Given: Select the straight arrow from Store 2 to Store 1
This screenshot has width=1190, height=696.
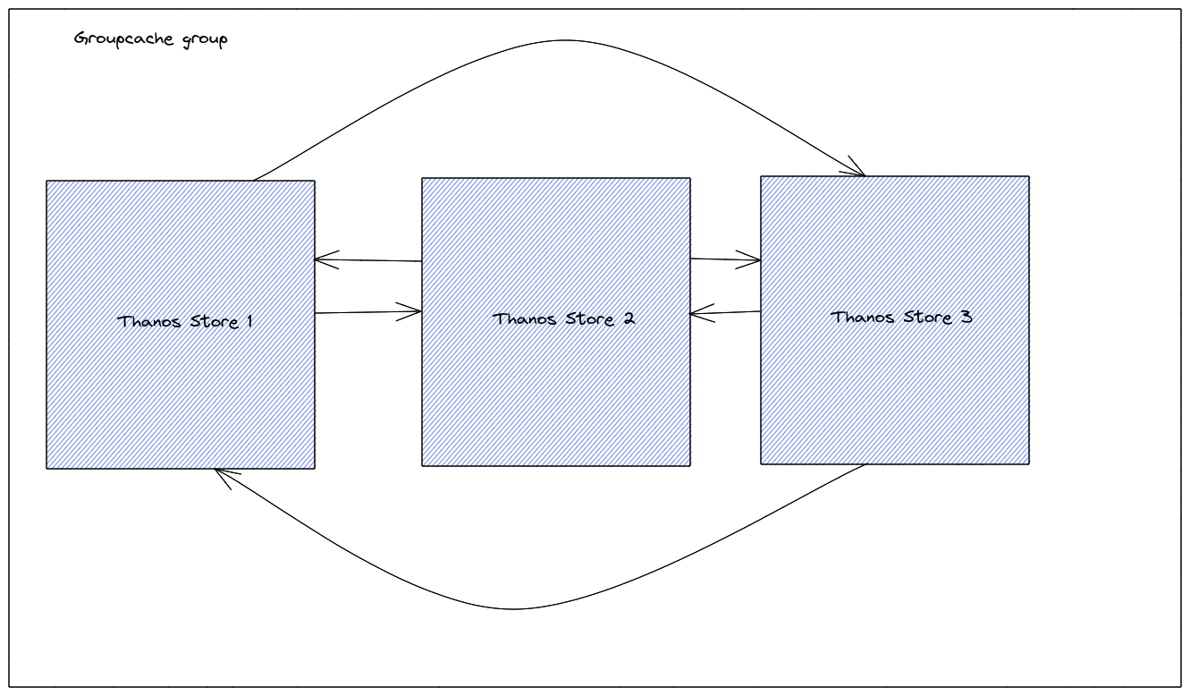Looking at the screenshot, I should (367, 260).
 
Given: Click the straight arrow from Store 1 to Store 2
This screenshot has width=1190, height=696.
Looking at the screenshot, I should (367, 312).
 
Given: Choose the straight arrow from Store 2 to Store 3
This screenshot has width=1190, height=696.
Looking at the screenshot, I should (725, 260).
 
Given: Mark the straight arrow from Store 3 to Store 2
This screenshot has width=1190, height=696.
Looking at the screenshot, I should (725, 312).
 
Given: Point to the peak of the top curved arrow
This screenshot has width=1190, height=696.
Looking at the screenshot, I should (563, 40).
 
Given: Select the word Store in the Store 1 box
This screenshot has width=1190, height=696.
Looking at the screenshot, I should (211, 321).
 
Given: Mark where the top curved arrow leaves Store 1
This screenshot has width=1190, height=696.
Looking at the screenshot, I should (254, 180).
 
